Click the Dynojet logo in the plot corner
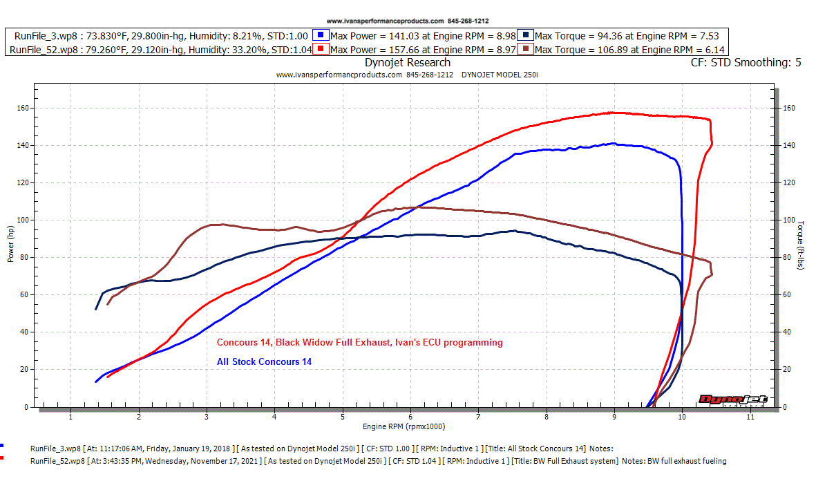click(x=737, y=399)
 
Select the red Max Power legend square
click(x=320, y=49)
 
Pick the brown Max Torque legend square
click(x=527, y=49)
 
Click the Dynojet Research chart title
click(x=408, y=63)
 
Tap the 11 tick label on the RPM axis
click(x=750, y=417)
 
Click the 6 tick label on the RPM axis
click(x=410, y=417)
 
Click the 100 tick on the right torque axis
click(x=788, y=220)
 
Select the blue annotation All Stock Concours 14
click(x=264, y=361)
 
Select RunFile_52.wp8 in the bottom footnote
click(x=59, y=461)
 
